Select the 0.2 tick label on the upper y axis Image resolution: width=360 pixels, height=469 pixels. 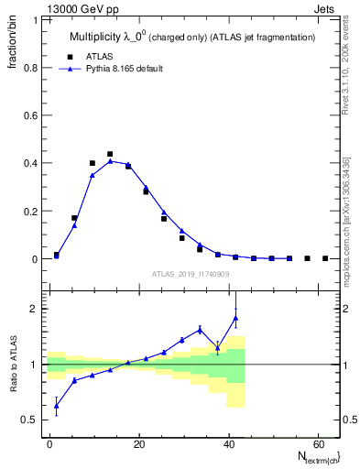pyautogui.click(x=30, y=211)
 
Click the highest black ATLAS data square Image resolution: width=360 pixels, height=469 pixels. pyautogui.click(x=110, y=154)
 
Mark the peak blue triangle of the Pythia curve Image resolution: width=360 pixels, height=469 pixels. pyautogui.click(x=110, y=160)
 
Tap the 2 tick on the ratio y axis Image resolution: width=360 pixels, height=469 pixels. pyautogui.click(x=34, y=309)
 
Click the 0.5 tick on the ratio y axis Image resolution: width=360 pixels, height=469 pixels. pyautogui.click(x=30, y=420)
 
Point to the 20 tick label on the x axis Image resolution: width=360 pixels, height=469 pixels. pyautogui.click(x=138, y=443)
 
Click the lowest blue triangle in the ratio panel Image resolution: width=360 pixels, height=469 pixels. pyautogui.click(x=57, y=406)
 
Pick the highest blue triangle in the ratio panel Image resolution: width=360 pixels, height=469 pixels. pyautogui.click(x=235, y=319)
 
